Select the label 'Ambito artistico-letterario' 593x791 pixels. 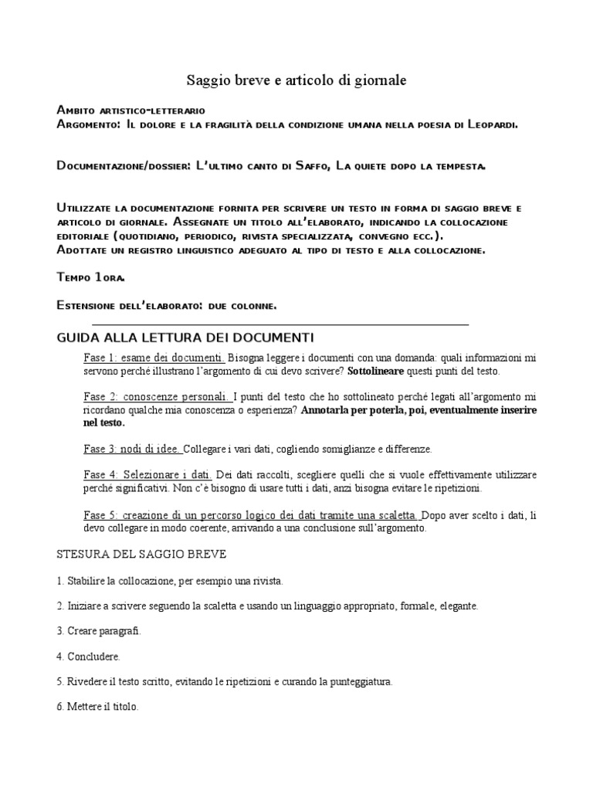pyautogui.click(x=131, y=110)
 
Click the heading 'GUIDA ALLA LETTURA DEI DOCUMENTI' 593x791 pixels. pyautogui.click(x=185, y=338)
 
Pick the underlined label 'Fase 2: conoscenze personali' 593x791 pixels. pyautogui.click(x=157, y=396)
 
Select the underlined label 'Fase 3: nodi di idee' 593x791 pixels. pyautogui.click(x=133, y=449)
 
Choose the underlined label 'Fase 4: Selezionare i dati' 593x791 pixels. pyautogui.click(x=147, y=474)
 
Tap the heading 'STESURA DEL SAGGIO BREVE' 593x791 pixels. pyautogui.click(x=141, y=555)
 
